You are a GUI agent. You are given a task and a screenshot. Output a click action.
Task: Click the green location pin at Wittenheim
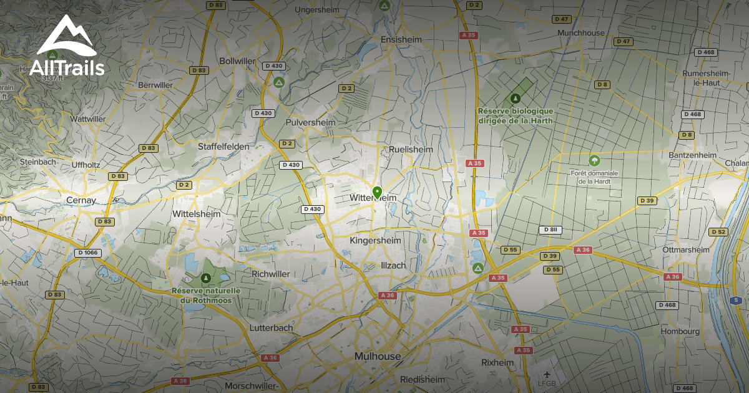pyautogui.click(x=376, y=192)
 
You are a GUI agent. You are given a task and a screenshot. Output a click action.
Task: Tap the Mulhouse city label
pyautogui.click(x=378, y=356)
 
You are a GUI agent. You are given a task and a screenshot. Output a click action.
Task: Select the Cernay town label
pyautogui.click(x=81, y=200)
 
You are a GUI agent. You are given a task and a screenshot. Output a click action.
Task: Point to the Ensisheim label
pyautogui.click(x=401, y=39)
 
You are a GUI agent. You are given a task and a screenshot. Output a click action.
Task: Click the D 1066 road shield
pyautogui.click(x=87, y=253)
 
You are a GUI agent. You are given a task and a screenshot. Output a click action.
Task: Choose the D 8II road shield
pyautogui.click(x=551, y=230)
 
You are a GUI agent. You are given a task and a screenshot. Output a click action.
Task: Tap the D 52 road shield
pyautogui.click(x=718, y=232)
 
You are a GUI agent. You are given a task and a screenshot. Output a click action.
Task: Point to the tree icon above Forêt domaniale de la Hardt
pyautogui.click(x=594, y=160)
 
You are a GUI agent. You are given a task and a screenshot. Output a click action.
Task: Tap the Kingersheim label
pyautogui.click(x=376, y=240)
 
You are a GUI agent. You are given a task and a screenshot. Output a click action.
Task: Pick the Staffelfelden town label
pyautogui.click(x=223, y=147)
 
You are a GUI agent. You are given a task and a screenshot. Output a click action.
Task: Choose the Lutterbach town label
pyautogui.click(x=271, y=327)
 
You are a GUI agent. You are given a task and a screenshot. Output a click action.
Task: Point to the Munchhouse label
pyautogui.click(x=580, y=32)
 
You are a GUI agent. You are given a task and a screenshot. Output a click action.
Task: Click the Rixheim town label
pyautogui.click(x=497, y=362)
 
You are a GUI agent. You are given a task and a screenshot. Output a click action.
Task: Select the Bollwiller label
pyautogui.click(x=238, y=61)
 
